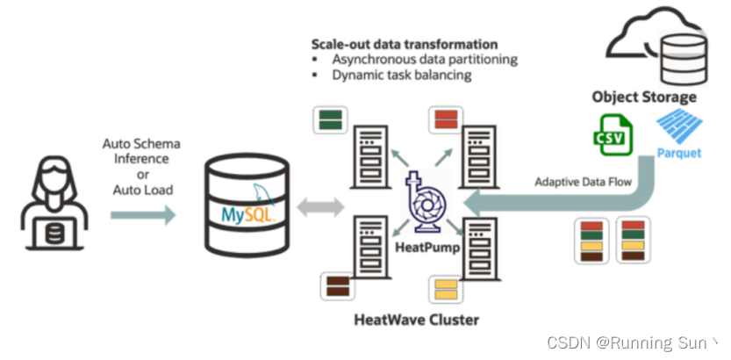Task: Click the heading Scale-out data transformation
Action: [405, 44]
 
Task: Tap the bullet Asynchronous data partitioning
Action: [424, 60]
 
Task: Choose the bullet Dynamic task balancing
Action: [401, 76]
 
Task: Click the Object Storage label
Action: [644, 97]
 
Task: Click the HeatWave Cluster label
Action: [417, 319]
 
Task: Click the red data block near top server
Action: [444, 120]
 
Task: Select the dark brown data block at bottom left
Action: [337, 285]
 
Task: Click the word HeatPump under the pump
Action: [425, 248]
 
